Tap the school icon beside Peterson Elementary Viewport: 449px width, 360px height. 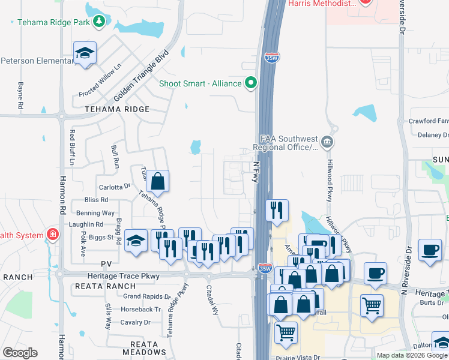(85, 53)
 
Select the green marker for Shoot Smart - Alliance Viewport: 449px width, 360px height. (250, 83)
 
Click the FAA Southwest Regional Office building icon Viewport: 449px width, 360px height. (327, 142)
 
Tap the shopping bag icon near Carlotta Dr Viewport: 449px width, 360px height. (157, 182)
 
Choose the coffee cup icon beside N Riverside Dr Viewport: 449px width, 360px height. (430, 250)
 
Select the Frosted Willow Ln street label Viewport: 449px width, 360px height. (100, 83)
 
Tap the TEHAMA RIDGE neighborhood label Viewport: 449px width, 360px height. (116, 109)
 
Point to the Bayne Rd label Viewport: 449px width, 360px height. (20, 95)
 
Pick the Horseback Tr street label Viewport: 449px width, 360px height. (140, 310)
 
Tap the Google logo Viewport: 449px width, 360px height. (20, 353)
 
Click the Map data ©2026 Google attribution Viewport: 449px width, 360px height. (412, 355)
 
